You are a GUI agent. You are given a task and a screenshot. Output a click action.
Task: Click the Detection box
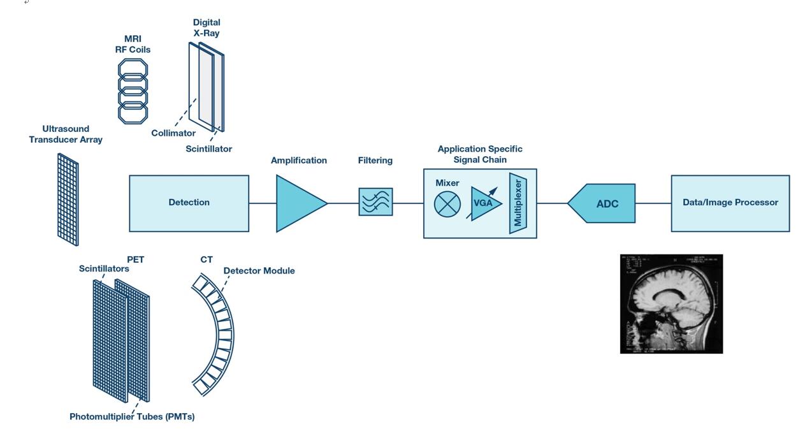[x=189, y=203]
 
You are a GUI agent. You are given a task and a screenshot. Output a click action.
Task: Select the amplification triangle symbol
[x=298, y=203]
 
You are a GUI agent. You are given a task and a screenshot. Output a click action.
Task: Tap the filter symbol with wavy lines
[x=375, y=201]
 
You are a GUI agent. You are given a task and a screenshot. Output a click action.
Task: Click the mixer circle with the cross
[x=447, y=204]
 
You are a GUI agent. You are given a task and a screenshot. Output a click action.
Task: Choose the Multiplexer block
[x=518, y=203]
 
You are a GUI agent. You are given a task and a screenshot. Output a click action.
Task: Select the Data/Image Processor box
[x=730, y=203]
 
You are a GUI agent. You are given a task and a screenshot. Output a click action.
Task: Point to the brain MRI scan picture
[x=671, y=303]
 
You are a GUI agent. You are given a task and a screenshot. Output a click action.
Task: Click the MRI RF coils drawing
[x=133, y=91]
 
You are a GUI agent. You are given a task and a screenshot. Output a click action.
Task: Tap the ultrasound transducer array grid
[x=68, y=199]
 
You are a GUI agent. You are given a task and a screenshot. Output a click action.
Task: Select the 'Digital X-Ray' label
[x=207, y=27]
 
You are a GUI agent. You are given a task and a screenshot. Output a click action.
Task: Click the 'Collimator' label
[x=173, y=133]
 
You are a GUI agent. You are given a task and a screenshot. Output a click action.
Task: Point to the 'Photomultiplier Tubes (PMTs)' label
[x=132, y=417]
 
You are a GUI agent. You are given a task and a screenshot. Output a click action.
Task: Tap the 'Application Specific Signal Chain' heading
[x=479, y=154]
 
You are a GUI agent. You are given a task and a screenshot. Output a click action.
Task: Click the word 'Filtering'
[x=375, y=161]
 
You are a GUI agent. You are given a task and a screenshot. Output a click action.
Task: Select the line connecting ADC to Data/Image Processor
[x=653, y=203]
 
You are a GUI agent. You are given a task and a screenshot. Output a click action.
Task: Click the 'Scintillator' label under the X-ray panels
[x=208, y=149]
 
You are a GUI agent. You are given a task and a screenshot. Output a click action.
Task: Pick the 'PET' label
[x=136, y=259]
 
